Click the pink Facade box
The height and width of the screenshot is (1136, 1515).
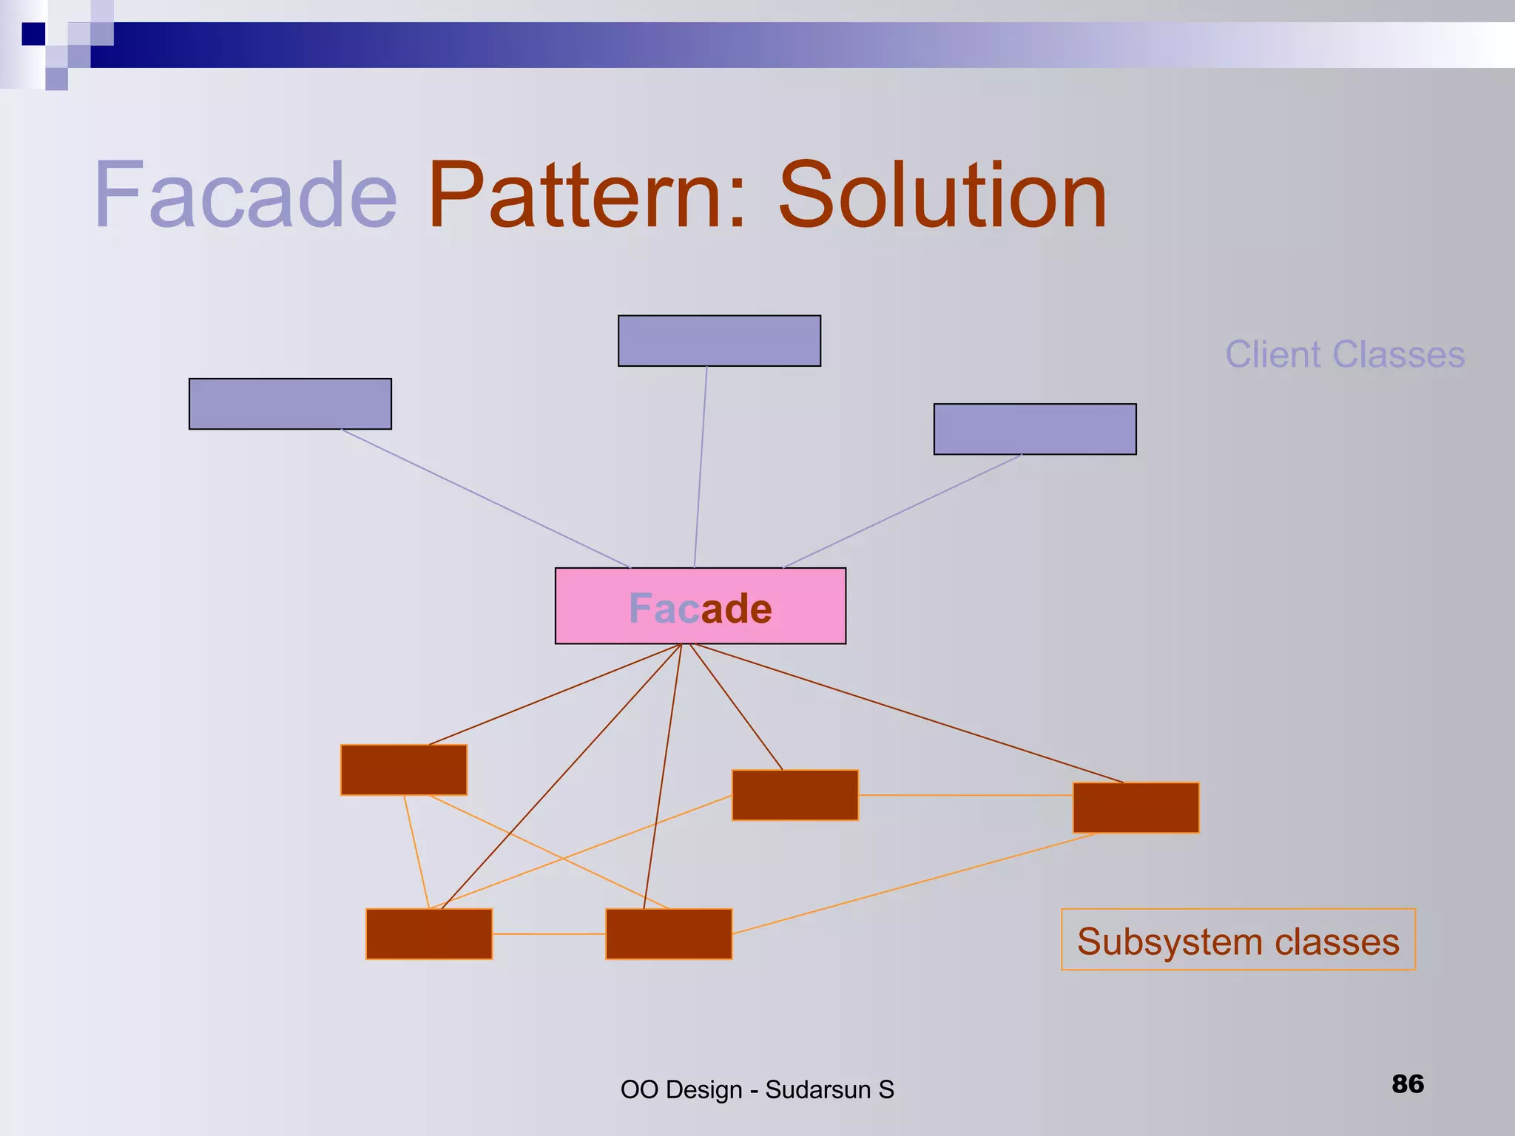700,606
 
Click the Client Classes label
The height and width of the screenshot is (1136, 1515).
1344,354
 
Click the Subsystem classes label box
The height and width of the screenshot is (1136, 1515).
1238,939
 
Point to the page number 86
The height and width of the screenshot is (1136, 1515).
1407,1083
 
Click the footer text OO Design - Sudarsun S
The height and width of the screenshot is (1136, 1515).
757,1089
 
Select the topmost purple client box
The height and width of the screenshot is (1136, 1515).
719,341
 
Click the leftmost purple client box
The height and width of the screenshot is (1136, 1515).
290,404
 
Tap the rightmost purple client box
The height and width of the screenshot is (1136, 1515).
1034,429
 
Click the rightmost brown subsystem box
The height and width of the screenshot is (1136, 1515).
1136,808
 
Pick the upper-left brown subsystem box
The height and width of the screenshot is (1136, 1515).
404,770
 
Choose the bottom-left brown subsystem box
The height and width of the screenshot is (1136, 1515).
429,934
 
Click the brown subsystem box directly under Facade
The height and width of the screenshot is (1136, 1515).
669,934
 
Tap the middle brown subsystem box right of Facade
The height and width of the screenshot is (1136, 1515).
794,795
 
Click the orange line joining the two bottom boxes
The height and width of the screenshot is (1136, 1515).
549,934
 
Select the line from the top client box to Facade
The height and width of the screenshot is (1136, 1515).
701,466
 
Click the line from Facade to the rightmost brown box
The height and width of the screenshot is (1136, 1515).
910,714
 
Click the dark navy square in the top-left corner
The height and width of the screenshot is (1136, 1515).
33,34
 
